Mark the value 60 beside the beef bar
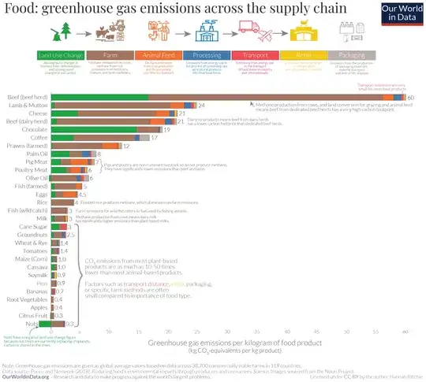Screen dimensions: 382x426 point(411,97)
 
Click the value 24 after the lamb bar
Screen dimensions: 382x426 point(202,105)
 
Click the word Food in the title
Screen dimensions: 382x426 point(19,9)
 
